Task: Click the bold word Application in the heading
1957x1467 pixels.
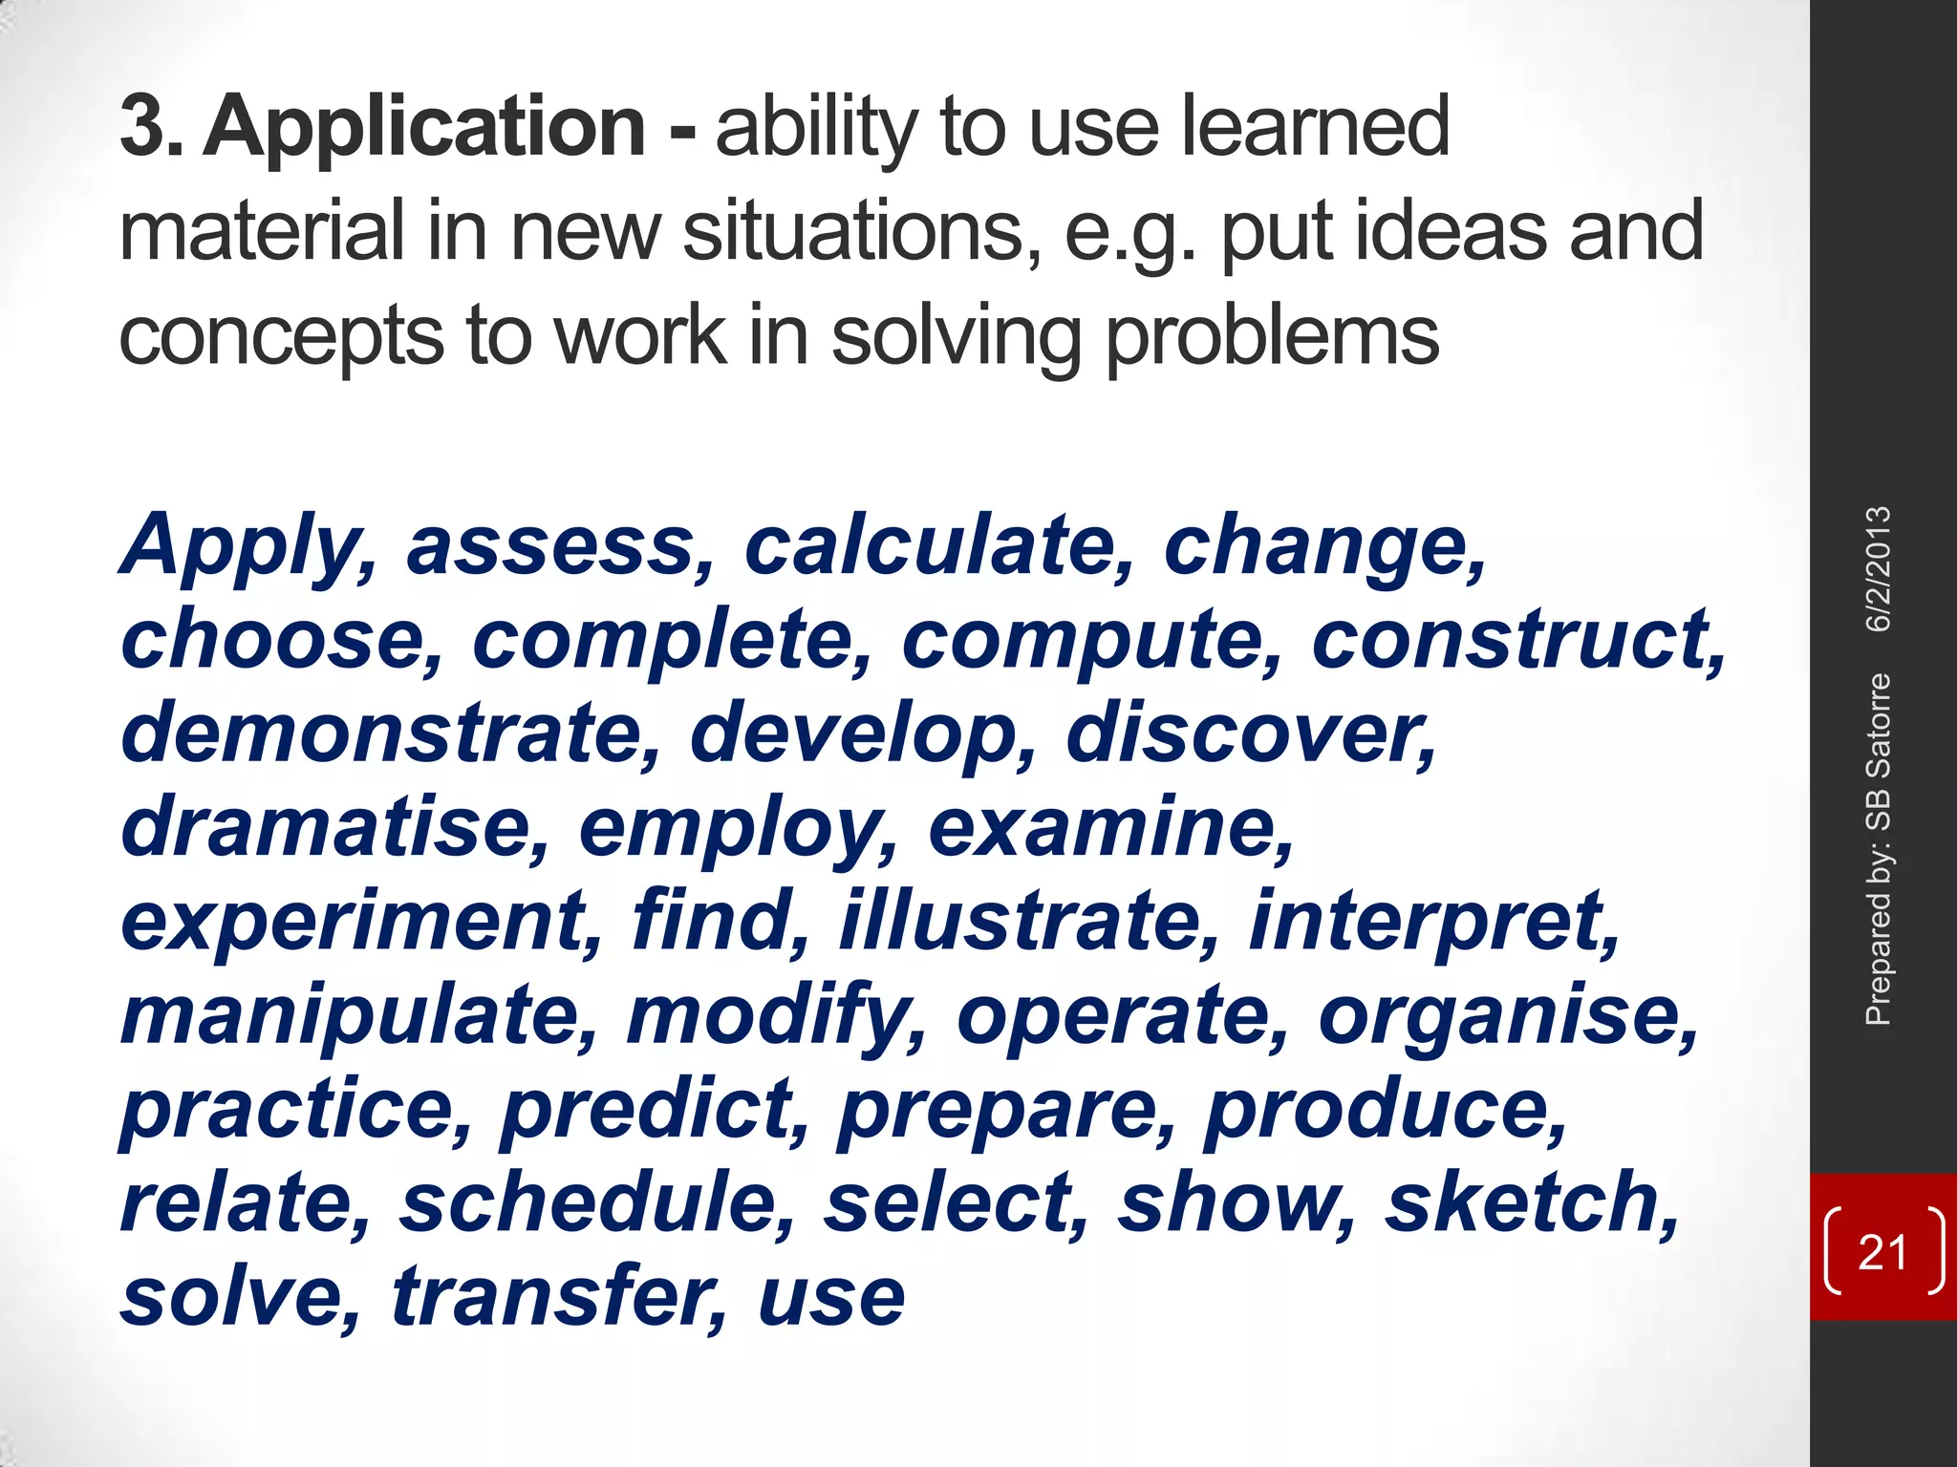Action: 425,129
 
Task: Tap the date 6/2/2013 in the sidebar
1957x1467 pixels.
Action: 1879,569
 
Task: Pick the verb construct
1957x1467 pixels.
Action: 1516,640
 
